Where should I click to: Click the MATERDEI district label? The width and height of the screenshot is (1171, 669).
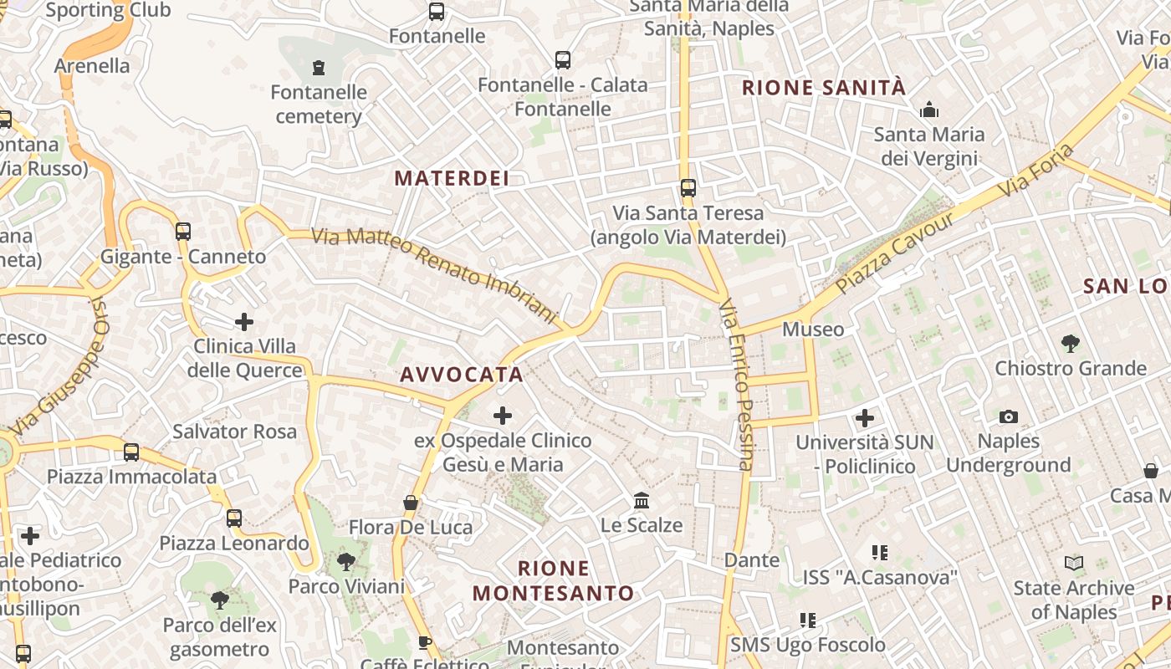click(452, 178)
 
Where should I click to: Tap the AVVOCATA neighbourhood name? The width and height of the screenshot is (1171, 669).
click(462, 374)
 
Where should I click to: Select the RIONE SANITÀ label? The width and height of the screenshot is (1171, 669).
click(824, 88)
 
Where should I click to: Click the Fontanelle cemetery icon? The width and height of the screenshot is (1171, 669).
click(318, 67)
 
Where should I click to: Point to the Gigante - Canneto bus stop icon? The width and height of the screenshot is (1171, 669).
click(182, 231)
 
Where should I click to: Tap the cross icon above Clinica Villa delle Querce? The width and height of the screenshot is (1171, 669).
click(244, 321)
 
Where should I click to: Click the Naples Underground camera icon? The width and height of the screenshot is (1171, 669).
click(1009, 416)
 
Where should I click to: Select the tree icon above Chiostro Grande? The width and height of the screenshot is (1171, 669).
click(1070, 343)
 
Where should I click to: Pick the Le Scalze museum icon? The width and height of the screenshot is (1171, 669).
click(642, 500)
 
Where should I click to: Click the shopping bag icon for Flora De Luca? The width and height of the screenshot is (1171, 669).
click(411, 503)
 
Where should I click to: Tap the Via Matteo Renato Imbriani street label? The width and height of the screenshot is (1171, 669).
click(434, 274)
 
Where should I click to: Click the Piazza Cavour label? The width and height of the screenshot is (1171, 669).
click(894, 253)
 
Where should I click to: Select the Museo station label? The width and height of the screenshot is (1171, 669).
click(813, 329)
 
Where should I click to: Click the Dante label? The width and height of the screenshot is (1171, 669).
click(752, 559)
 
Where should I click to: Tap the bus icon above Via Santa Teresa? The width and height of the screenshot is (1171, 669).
click(688, 188)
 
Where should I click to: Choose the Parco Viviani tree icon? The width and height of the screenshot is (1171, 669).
click(346, 561)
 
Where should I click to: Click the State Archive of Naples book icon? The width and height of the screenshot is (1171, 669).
click(1074, 564)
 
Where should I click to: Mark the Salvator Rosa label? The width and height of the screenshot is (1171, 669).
click(234, 432)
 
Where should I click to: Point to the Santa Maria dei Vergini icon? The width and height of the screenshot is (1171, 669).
click(929, 110)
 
